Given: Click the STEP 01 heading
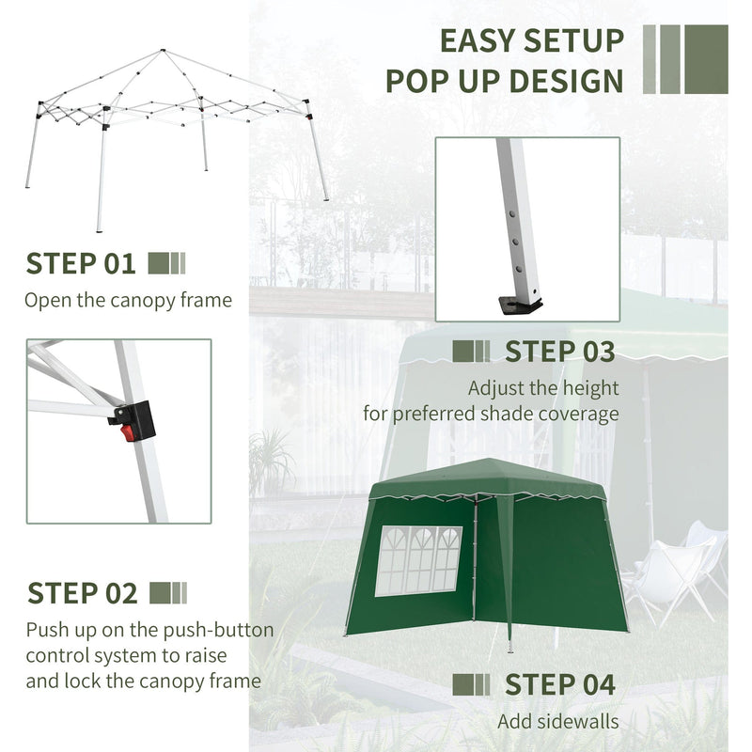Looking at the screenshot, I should click(x=81, y=263).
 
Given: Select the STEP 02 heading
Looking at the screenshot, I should click(x=83, y=593).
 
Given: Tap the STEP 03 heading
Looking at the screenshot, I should click(x=559, y=352).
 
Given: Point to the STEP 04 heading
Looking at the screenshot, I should click(x=560, y=684).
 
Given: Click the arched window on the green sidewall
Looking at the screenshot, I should click(x=418, y=560).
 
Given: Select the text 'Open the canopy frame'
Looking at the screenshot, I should click(x=128, y=301).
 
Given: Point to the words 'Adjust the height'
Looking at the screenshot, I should click(x=543, y=387).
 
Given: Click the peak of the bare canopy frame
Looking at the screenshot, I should click(x=163, y=51).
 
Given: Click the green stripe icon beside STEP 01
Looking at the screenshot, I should click(x=167, y=263).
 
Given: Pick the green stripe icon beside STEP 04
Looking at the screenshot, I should click(x=471, y=684).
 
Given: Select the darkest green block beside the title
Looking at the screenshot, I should click(x=706, y=59).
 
